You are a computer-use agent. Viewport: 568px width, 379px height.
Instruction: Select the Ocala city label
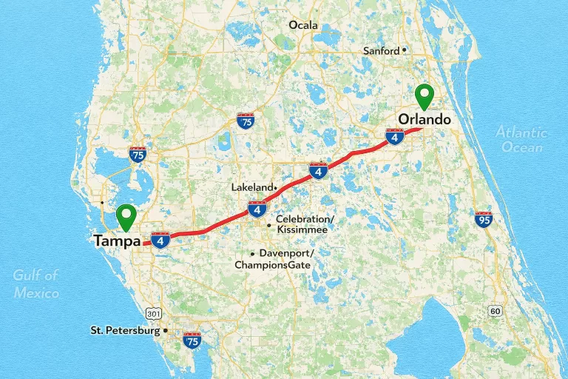(302, 25)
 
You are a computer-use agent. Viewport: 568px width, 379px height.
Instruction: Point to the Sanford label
(382, 50)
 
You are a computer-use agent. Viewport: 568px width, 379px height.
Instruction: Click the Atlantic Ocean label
(522, 139)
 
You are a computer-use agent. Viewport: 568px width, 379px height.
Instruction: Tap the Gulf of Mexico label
(35, 284)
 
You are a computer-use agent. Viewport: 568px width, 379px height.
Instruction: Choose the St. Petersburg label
(125, 329)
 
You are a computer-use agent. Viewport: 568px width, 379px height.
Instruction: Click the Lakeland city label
(252, 187)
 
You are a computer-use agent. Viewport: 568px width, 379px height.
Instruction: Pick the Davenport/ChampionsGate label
(274, 259)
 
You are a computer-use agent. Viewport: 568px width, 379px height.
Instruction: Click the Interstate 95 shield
(484, 219)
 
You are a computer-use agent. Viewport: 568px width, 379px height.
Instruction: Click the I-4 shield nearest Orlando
(395, 137)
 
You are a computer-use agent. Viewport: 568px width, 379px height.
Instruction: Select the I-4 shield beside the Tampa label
(161, 239)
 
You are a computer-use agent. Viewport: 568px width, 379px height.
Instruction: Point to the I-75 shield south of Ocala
(246, 121)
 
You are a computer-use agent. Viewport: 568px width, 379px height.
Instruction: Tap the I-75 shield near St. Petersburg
(192, 341)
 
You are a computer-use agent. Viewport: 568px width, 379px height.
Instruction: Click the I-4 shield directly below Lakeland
(257, 209)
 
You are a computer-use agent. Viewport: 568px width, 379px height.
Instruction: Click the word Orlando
(424, 119)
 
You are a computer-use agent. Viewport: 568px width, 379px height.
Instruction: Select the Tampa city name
(117, 241)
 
